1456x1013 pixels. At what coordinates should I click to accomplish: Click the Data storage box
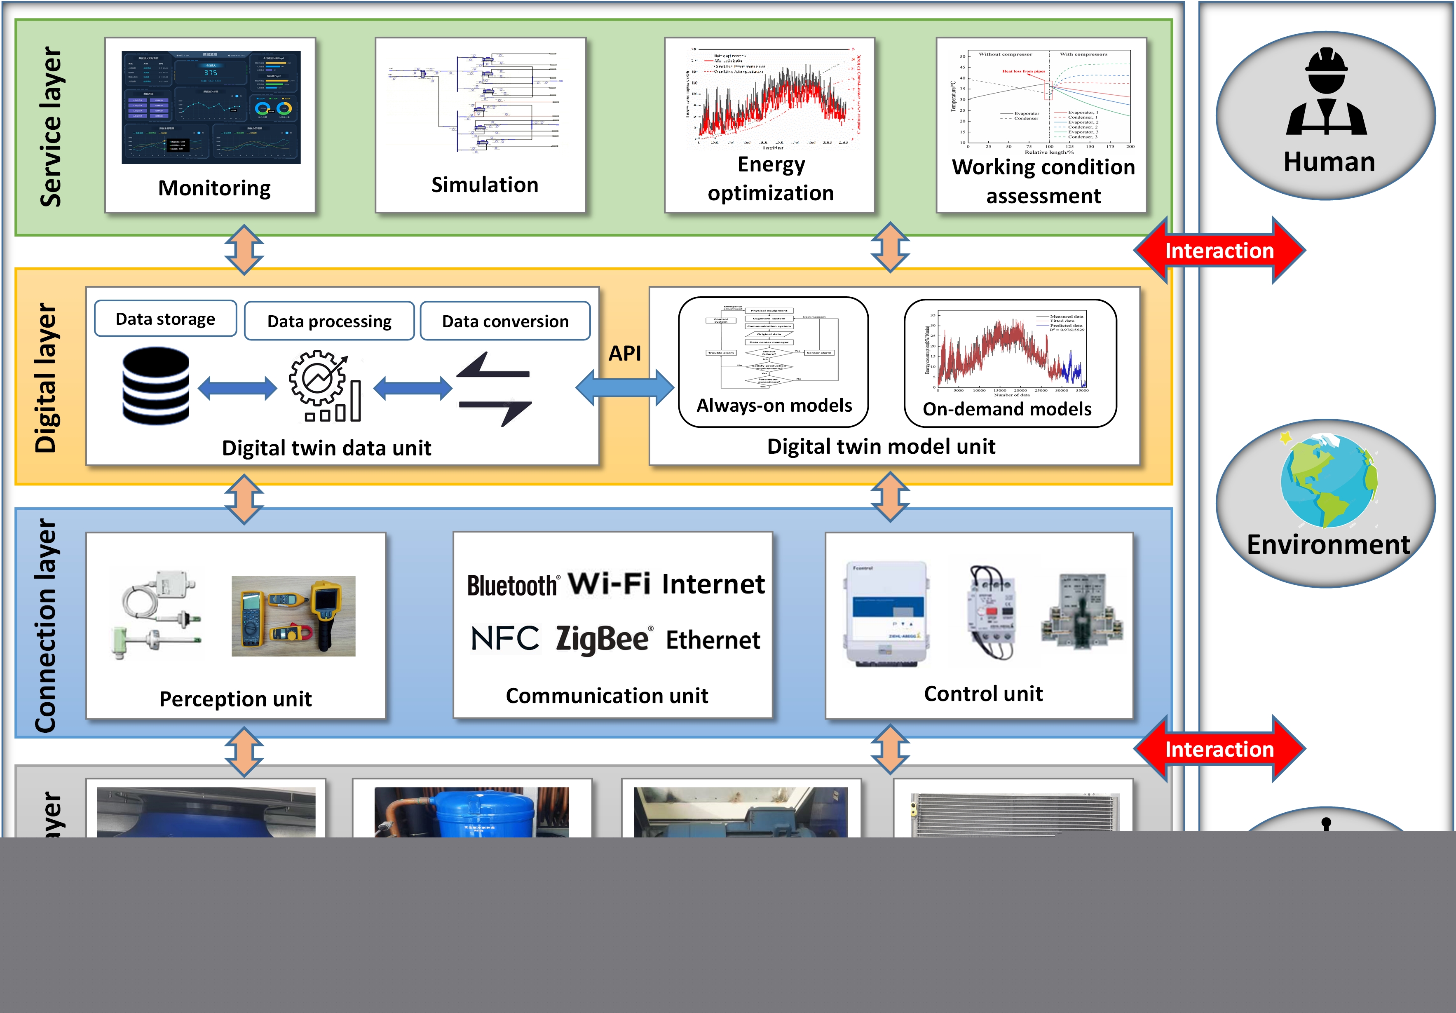tap(166, 319)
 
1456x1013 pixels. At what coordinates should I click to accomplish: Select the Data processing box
tap(329, 321)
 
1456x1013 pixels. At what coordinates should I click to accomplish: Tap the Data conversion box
tap(505, 321)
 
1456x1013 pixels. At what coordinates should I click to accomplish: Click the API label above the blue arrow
tap(625, 353)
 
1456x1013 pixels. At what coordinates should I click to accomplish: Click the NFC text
tap(505, 638)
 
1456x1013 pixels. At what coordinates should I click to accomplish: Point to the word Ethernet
tap(713, 640)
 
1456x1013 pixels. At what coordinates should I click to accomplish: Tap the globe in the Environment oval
tap(1328, 480)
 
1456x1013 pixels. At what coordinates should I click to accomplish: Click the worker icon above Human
tap(1326, 93)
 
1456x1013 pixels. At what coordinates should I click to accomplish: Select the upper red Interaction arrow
tap(1219, 251)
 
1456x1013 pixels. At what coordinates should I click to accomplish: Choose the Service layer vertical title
tap(51, 127)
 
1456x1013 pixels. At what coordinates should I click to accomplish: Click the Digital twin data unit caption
tap(326, 448)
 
